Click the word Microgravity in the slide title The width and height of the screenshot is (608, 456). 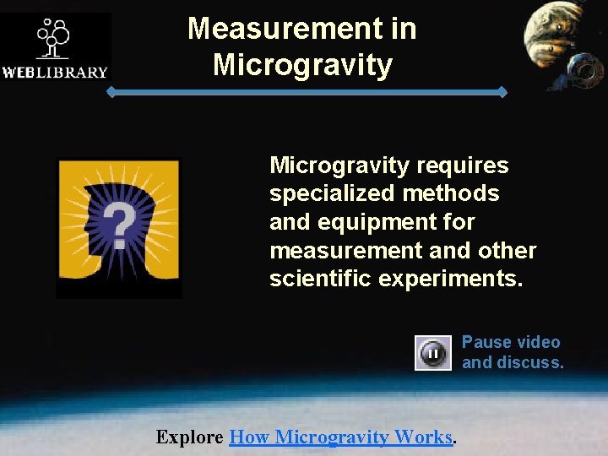[302, 64]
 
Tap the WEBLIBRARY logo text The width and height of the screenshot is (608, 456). [55, 72]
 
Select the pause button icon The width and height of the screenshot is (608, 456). [432, 353]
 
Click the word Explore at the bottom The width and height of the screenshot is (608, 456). [190, 437]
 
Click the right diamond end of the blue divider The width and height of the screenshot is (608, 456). [503, 91]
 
